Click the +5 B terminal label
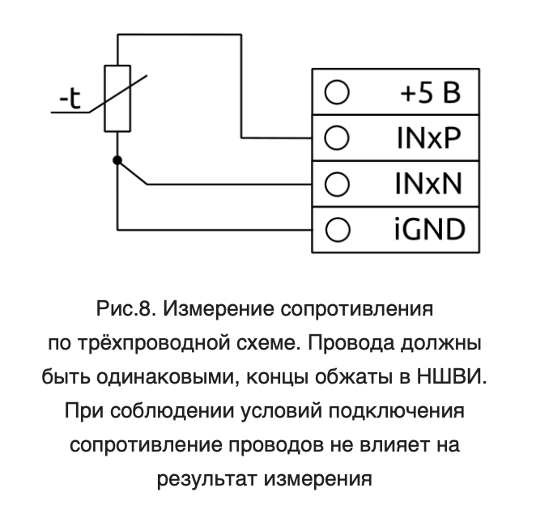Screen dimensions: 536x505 click(431, 93)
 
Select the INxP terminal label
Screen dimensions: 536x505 click(429, 138)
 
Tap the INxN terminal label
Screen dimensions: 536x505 click(428, 184)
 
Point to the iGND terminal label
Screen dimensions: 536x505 click(430, 229)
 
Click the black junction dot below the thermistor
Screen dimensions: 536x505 click(117, 160)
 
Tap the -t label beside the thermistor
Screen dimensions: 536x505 click(70, 99)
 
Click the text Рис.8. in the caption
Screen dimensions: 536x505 click(126, 309)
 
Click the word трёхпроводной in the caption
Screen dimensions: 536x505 click(154, 343)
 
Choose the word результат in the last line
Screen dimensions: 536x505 click(206, 479)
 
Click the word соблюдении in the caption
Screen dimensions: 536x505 click(172, 411)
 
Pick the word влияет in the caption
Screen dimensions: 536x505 click(395, 445)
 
